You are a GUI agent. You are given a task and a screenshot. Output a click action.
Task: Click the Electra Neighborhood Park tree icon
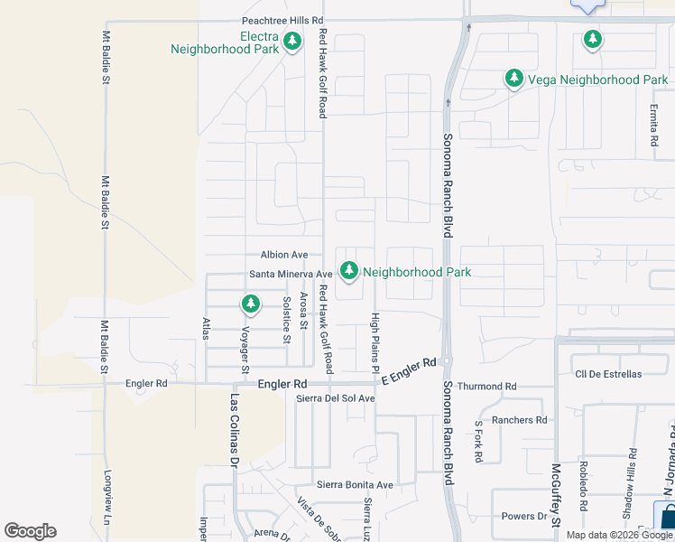[x=292, y=42]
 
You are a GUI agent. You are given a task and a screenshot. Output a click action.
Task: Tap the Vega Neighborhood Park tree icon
[x=514, y=79]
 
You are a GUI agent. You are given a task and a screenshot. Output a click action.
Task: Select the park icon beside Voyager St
[x=251, y=304]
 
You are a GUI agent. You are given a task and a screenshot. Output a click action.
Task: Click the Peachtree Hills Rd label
[x=282, y=20]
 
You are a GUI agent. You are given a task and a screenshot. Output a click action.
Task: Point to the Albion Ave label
[x=284, y=255]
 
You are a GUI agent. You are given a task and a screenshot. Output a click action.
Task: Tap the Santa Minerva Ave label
[x=291, y=274]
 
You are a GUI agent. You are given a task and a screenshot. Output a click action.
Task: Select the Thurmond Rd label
[x=486, y=387]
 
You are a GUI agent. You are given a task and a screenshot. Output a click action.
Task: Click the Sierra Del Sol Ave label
[x=336, y=398]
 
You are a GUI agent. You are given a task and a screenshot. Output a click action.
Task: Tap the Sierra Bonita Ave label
[x=355, y=485]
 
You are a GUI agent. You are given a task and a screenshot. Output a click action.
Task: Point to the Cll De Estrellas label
[x=608, y=374]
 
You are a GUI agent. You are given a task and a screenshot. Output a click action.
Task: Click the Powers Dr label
[x=525, y=517]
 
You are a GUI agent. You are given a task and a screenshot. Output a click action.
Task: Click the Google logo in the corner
[x=30, y=531]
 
